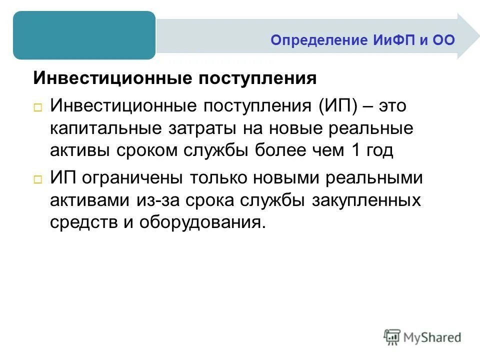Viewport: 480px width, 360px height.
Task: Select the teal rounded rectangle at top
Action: point(84,35)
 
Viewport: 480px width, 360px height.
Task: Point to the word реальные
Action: point(363,128)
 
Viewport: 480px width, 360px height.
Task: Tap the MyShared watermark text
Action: point(433,337)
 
